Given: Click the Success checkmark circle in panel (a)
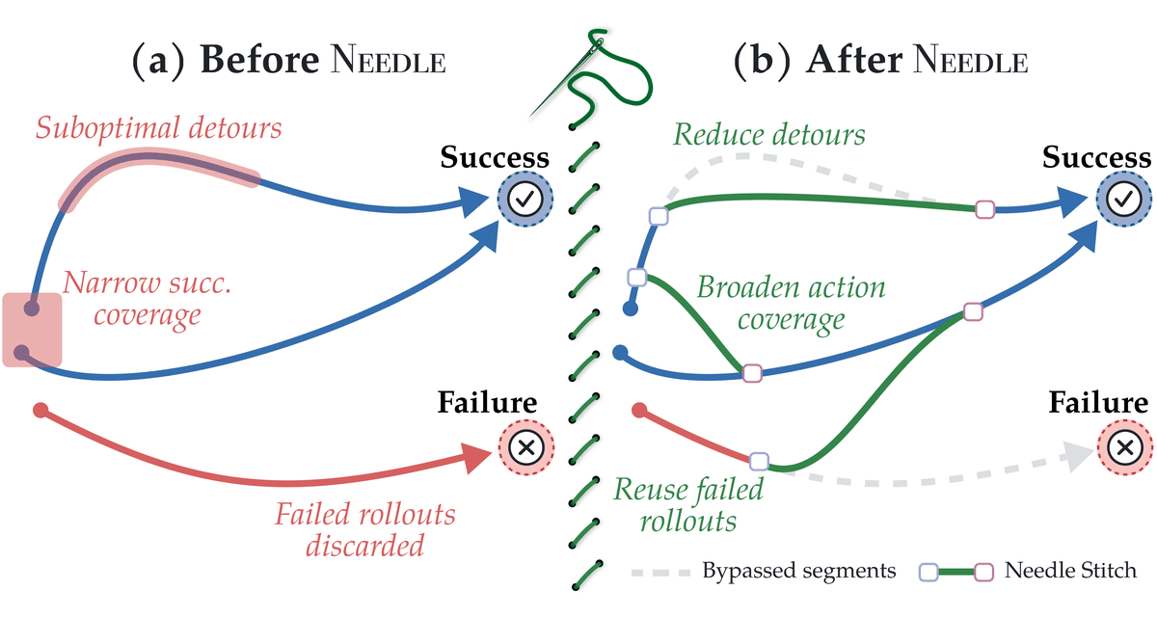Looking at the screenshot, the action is (525, 199).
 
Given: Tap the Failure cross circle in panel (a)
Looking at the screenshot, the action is (526, 447).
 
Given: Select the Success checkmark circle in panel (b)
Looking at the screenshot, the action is (1124, 199).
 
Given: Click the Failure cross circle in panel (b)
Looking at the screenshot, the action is (1125, 447).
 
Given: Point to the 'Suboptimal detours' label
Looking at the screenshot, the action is (158, 127).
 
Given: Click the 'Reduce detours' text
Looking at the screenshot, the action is (769, 135).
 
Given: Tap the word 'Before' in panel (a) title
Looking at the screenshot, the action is (259, 60).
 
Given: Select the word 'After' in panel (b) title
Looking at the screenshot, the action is (854, 60).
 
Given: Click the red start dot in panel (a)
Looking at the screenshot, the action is (40, 411).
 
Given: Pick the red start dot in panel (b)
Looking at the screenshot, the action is (639, 411).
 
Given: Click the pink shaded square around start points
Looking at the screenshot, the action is (32, 330).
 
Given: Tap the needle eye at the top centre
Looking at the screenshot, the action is (599, 42).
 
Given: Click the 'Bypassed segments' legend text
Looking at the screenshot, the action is (799, 571).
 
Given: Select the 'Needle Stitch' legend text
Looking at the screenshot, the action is (1070, 571).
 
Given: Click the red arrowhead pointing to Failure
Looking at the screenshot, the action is (475, 456).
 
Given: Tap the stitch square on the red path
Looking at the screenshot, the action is (759, 461).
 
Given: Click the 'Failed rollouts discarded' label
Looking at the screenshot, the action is (365, 529).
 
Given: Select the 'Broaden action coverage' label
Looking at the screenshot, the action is (791, 303).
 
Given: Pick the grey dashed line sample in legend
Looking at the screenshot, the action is (660, 573).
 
